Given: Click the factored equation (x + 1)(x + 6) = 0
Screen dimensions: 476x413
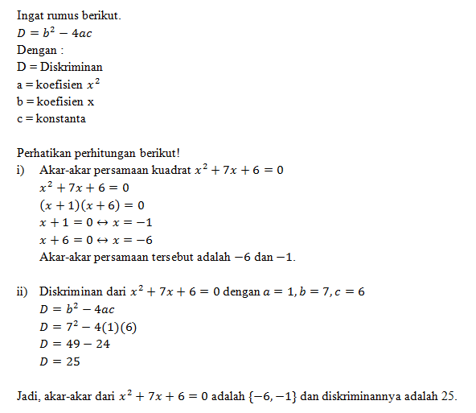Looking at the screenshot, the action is click(x=92, y=205).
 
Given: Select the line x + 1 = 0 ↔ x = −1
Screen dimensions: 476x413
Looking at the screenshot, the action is click(x=96, y=222).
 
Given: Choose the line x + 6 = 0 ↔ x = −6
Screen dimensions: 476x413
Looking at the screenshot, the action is click(x=96, y=240).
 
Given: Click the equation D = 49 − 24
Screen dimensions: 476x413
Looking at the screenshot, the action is click(x=75, y=344).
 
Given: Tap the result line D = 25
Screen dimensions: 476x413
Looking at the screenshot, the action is click(x=59, y=361).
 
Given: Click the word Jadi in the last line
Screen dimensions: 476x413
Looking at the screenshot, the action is click(x=27, y=396).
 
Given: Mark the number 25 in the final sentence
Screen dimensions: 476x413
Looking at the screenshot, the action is click(x=448, y=396).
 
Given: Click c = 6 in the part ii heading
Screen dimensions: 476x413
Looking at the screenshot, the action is click(x=351, y=291).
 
